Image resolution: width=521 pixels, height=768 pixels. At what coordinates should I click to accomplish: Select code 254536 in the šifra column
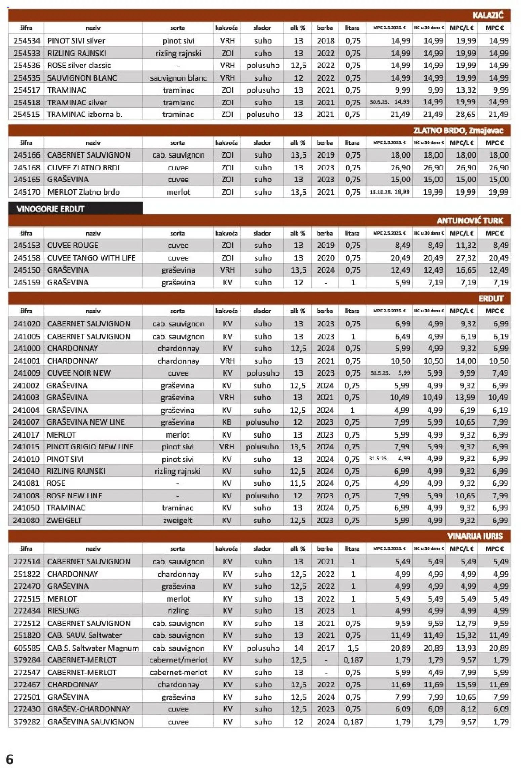(x=27, y=65)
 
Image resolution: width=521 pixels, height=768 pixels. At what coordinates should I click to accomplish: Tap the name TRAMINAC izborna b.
(x=85, y=114)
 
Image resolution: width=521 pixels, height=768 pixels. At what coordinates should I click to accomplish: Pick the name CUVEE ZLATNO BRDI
(x=83, y=168)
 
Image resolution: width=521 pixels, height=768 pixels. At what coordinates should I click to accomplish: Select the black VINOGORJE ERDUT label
(x=50, y=209)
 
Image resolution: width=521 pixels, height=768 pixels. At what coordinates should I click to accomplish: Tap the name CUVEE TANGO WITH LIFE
(x=91, y=258)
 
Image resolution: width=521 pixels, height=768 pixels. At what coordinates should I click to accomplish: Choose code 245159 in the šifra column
(x=27, y=282)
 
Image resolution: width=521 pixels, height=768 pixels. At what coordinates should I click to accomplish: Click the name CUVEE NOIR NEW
(x=79, y=373)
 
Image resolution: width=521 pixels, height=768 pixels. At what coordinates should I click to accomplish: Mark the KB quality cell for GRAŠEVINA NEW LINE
(x=227, y=422)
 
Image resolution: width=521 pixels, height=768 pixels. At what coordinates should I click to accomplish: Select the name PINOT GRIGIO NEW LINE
(x=90, y=447)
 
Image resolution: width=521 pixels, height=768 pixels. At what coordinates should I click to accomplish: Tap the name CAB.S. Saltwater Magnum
(x=93, y=648)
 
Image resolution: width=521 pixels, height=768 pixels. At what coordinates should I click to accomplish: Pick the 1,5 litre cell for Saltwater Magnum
(x=353, y=648)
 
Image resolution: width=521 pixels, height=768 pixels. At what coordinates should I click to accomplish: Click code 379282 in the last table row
(x=27, y=722)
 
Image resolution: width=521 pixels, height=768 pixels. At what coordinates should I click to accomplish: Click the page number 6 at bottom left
(x=10, y=760)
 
